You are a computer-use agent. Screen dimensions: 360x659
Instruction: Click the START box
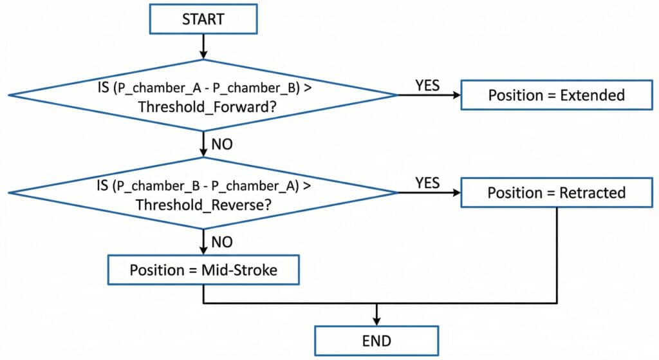[203, 19]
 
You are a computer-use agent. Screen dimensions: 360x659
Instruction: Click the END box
[376, 341]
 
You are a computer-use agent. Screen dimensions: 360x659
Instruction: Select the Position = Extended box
[556, 95]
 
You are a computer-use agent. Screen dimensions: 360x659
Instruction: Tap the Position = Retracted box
[556, 193]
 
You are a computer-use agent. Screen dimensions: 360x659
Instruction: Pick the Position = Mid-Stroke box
[203, 269]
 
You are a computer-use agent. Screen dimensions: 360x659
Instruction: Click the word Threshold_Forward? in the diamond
[203, 108]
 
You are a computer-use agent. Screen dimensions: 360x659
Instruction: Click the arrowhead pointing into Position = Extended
[457, 95]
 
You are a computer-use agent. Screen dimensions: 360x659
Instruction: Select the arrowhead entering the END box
[376, 321]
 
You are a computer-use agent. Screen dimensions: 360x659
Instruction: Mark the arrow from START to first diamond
[203, 45]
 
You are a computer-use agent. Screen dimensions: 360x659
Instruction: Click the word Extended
[592, 95]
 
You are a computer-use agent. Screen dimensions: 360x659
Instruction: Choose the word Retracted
[591, 193]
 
